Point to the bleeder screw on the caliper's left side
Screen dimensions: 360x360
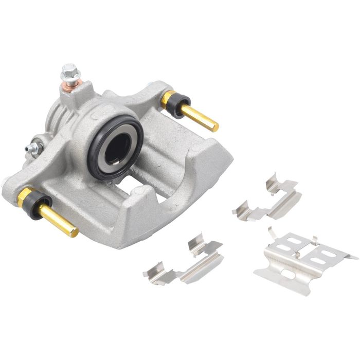(x=34, y=148)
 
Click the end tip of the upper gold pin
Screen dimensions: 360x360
(x=215, y=127)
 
